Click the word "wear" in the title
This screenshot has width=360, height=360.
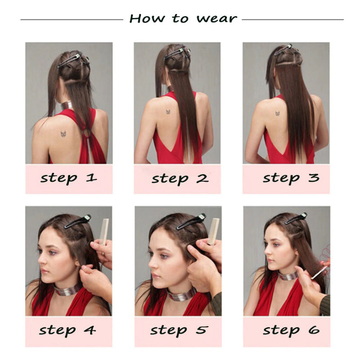(x=216, y=19)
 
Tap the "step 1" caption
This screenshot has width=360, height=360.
(x=68, y=178)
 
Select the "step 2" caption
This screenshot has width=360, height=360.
(x=180, y=178)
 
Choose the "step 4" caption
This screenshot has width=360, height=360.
(x=67, y=330)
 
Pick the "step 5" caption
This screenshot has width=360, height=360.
(x=180, y=330)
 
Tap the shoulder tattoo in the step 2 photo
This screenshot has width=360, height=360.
(x=168, y=111)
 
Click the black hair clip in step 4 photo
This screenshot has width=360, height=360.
(x=77, y=221)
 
